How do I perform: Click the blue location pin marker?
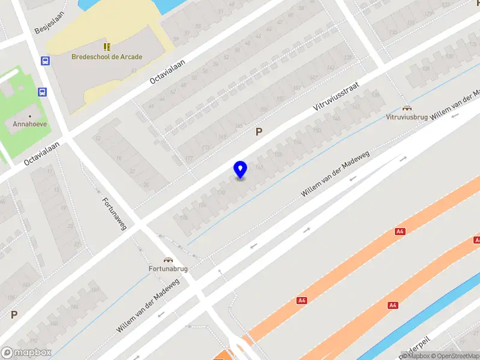pyautogui.click(x=240, y=170)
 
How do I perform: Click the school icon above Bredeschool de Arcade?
pyautogui.click(x=107, y=46)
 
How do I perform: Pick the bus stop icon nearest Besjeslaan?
pyautogui.click(x=45, y=60)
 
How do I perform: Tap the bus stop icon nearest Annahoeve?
pyautogui.click(x=42, y=92)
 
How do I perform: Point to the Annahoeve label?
pyautogui.click(x=30, y=125)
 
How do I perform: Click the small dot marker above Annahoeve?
pyautogui.click(x=30, y=115)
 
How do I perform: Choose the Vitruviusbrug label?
pyautogui.click(x=407, y=117)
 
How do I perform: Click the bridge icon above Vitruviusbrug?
pyautogui.click(x=407, y=108)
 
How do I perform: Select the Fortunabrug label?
pyautogui.click(x=168, y=269)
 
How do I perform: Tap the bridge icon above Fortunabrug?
pyautogui.click(x=169, y=260)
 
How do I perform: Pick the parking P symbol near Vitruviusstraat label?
pyautogui.click(x=259, y=132)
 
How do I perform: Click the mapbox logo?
pyautogui.click(x=26, y=353)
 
